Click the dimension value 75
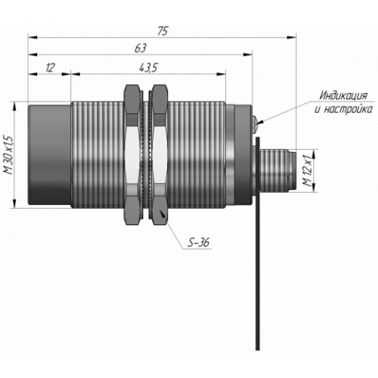tap(163, 31)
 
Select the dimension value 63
tap(141, 48)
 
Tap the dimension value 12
tap(50, 67)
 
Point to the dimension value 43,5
tap(148, 67)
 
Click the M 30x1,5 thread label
tap(8, 155)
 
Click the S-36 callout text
tap(198, 242)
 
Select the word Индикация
tap(343, 96)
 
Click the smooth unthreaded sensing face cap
tap(49, 154)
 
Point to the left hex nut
tap(132, 154)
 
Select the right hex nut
tap(160, 154)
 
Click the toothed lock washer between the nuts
tap(146, 154)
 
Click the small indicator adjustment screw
tap(255, 124)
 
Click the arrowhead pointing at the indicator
tap(262, 122)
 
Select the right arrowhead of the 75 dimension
tap(292, 38)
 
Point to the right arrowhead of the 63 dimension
tap(248, 54)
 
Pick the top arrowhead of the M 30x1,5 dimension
tap(14, 107)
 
